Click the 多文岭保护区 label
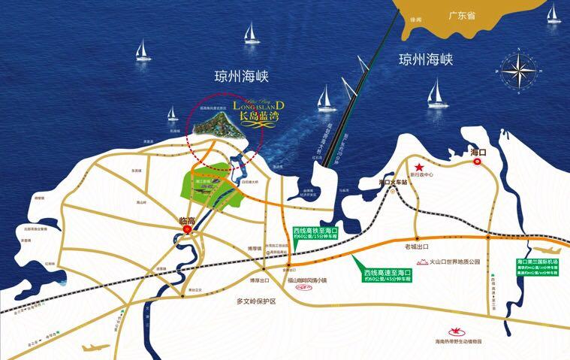(252, 301)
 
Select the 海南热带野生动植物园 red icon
(454, 330)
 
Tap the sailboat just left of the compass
(433, 93)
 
